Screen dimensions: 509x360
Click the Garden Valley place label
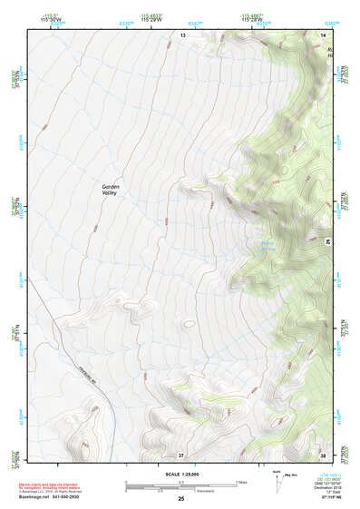[x=109, y=190]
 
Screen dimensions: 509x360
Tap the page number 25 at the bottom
[x=180, y=499]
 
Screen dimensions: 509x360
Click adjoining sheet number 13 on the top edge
[x=181, y=34]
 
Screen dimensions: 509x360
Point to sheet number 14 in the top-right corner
[x=323, y=34]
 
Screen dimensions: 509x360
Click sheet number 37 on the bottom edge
[x=181, y=454]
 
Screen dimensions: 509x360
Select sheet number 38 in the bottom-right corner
[x=323, y=454]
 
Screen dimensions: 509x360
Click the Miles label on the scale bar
[x=241, y=481]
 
